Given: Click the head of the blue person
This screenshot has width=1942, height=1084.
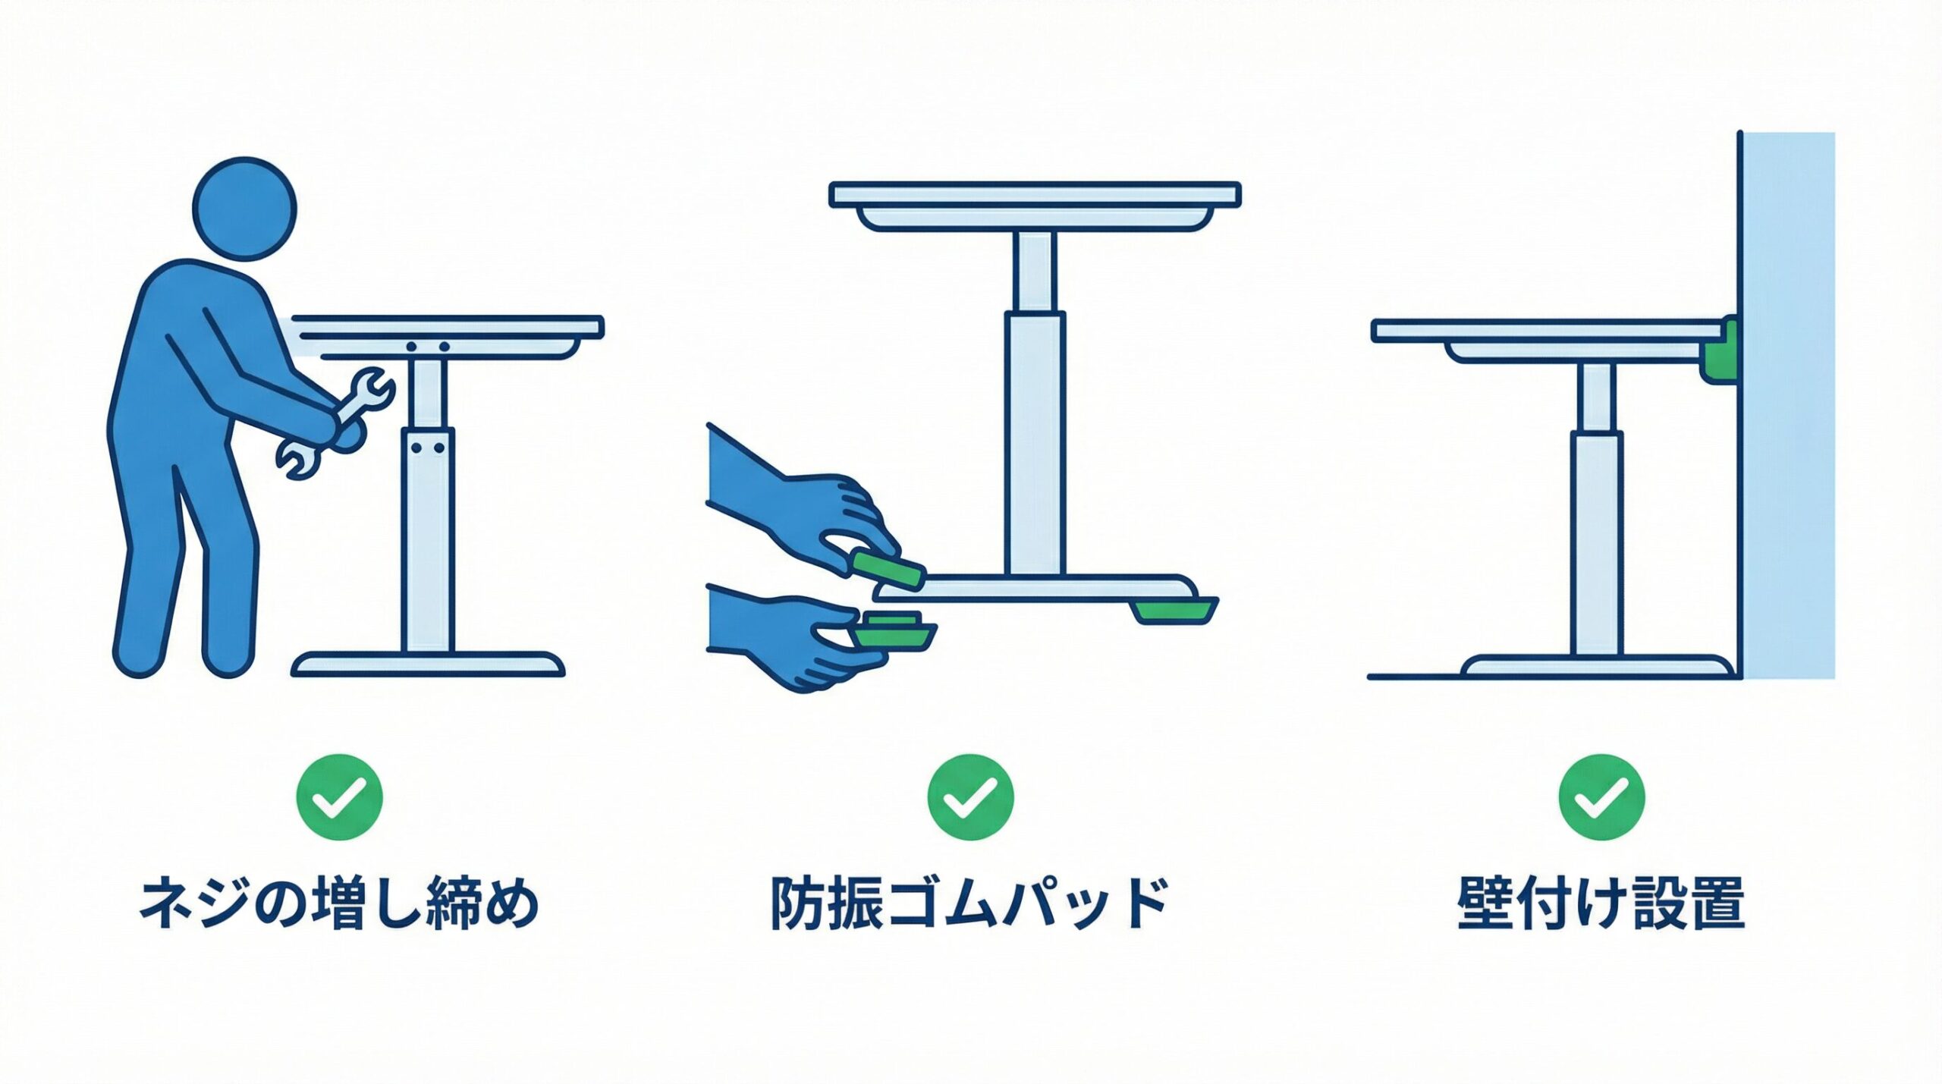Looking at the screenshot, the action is [x=244, y=209].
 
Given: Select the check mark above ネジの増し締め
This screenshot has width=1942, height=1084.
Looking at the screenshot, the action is [x=339, y=797].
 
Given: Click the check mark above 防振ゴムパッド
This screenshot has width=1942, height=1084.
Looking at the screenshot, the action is [x=970, y=797].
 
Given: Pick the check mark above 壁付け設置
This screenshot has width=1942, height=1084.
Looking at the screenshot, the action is [x=1601, y=797].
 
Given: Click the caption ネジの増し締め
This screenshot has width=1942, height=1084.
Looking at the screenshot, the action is [x=339, y=903].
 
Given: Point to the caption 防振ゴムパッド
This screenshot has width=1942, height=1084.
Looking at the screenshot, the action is [x=970, y=903].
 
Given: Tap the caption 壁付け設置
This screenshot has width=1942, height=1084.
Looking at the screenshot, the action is [x=1601, y=903].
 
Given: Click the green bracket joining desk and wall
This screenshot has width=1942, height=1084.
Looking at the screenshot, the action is [x=1718, y=350].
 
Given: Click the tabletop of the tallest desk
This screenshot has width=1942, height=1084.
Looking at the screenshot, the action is [x=1035, y=194].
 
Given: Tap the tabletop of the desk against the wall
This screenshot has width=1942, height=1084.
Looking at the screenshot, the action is [x=1548, y=331].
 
